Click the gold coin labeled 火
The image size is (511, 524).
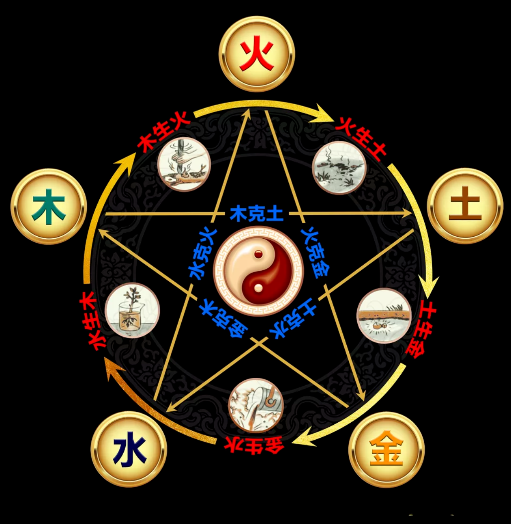[x=257, y=54]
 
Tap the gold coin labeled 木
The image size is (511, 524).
[x=49, y=206]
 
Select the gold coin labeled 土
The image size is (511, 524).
[x=465, y=206]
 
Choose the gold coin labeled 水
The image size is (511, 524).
[x=129, y=449]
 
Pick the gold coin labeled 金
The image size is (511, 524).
[x=386, y=449]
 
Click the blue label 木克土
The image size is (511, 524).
[x=257, y=214]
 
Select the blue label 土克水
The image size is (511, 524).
[x=294, y=319]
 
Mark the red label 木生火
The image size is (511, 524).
[x=164, y=132]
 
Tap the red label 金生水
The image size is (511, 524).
[x=253, y=445]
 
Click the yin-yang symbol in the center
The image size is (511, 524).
[x=258, y=271]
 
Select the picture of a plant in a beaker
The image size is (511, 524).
[x=132, y=310]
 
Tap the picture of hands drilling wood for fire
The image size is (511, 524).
[x=184, y=164]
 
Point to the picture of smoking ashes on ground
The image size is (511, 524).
[x=339, y=167]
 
